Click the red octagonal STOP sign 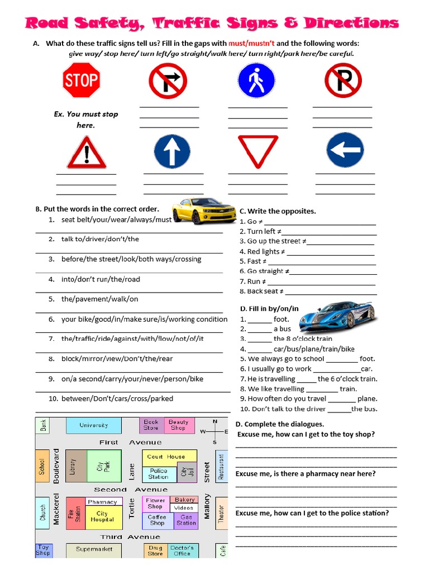(x=81, y=80)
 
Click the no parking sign (x=343, y=80)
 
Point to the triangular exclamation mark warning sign (x=87, y=152)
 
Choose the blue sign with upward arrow (x=172, y=151)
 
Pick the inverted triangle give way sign (x=258, y=151)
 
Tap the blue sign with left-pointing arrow (x=345, y=151)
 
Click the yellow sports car (x=196, y=210)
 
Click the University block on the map (x=93, y=425)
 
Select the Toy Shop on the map (x=43, y=550)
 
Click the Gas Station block (x=186, y=520)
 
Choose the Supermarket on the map (x=93, y=550)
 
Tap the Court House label (x=166, y=456)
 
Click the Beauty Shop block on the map (x=178, y=425)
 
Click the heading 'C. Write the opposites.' (x=278, y=211)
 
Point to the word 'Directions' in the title (x=351, y=23)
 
